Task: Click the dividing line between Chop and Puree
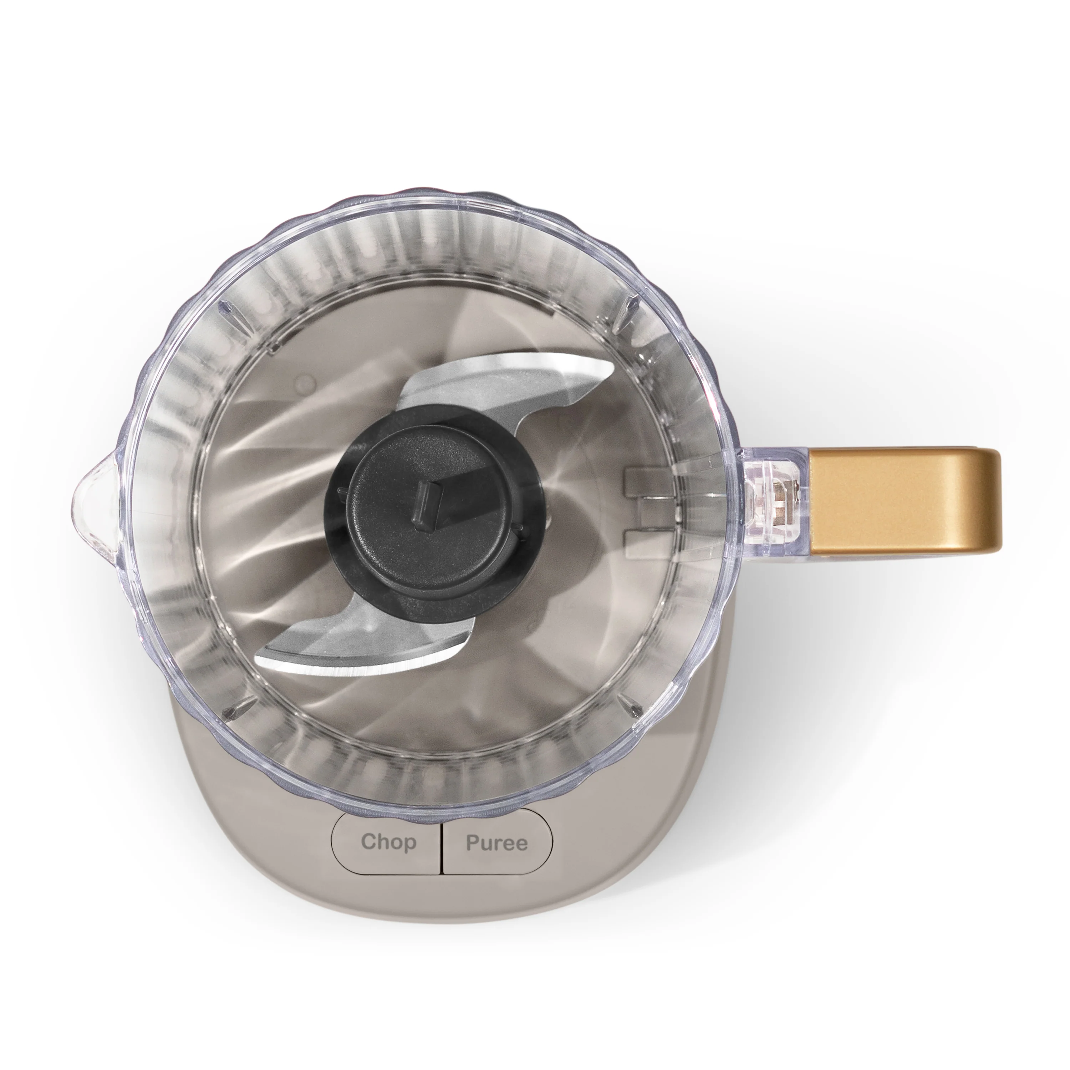point(442,843)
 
